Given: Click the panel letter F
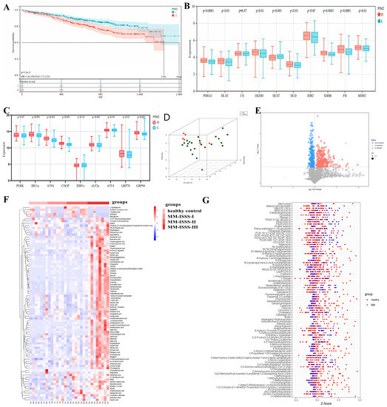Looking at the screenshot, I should pyautogui.click(x=5, y=219).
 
